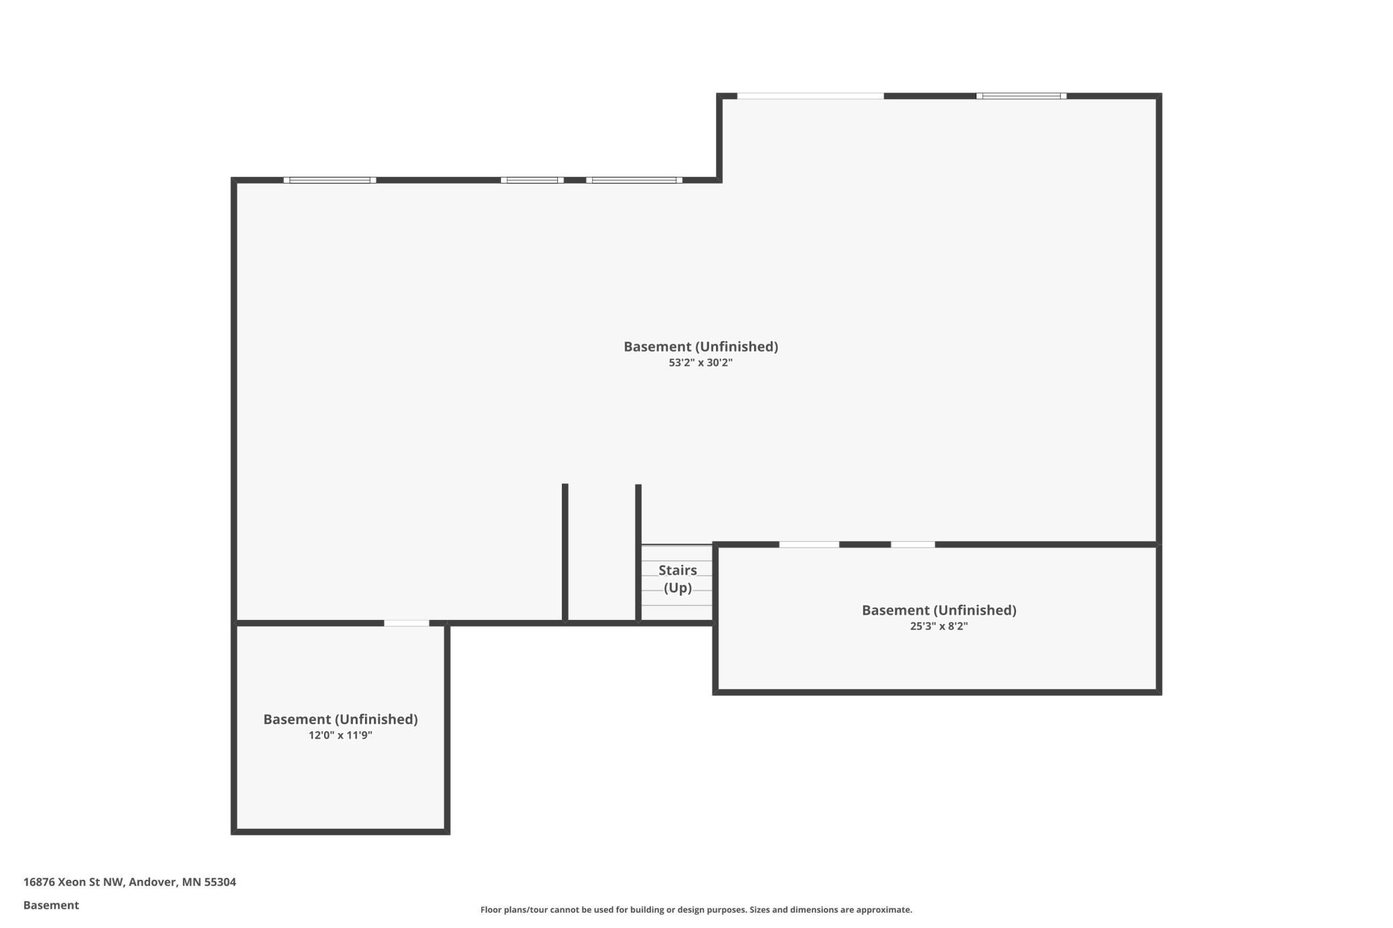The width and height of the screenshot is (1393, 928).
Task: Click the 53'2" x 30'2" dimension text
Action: (701, 363)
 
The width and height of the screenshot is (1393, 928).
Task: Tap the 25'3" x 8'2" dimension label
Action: (939, 627)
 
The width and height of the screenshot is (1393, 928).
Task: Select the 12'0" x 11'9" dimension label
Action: (340, 735)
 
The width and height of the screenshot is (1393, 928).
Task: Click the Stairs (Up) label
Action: (678, 579)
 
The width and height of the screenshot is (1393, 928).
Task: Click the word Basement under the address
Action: (51, 905)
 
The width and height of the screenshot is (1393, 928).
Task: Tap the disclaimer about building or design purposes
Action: (696, 909)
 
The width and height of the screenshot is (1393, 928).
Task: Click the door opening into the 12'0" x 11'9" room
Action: (407, 623)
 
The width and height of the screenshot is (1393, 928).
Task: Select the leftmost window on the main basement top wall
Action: (329, 180)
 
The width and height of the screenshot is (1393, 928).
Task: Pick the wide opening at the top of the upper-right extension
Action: (810, 96)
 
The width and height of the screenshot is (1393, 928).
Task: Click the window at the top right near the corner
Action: (1021, 96)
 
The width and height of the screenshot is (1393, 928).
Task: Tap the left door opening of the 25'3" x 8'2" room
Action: (809, 545)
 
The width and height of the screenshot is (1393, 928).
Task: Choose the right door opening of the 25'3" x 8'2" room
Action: (913, 545)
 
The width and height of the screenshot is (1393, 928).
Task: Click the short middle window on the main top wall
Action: (532, 180)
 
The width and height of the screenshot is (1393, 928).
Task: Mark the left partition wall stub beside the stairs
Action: (565, 553)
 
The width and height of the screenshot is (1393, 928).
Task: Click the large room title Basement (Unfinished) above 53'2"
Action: (701, 347)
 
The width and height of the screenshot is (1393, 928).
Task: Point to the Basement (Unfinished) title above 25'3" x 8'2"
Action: (939, 611)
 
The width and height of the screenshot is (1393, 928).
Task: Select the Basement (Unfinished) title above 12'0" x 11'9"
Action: (340, 720)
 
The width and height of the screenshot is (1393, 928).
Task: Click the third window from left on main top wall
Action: (634, 180)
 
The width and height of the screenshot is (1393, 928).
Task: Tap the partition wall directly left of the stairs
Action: (638, 554)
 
